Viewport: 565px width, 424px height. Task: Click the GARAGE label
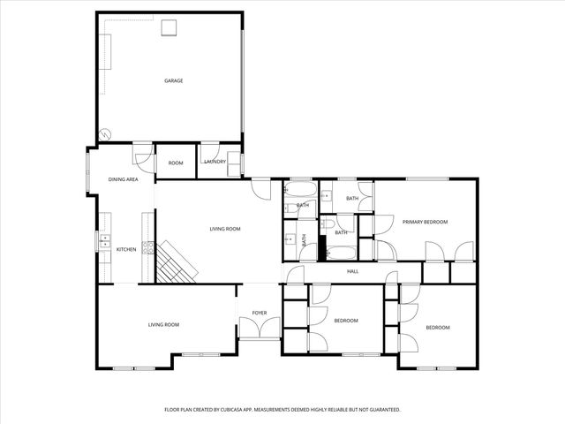pyautogui.click(x=173, y=80)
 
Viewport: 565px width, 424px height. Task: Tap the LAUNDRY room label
pyautogui.click(x=215, y=162)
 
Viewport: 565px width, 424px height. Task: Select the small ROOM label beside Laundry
pyautogui.click(x=176, y=163)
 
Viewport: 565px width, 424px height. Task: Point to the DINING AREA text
pyautogui.click(x=124, y=179)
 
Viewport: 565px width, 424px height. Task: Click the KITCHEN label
pyautogui.click(x=126, y=249)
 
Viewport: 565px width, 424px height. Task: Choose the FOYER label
pyautogui.click(x=260, y=313)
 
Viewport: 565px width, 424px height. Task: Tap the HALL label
pyautogui.click(x=352, y=271)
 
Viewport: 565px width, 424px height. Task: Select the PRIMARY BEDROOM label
pyautogui.click(x=426, y=222)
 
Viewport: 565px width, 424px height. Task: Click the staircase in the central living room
pyautogui.click(x=176, y=261)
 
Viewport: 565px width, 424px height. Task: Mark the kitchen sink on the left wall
pyautogui.click(x=104, y=238)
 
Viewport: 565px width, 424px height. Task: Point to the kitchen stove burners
pyautogui.click(x=150, y=248)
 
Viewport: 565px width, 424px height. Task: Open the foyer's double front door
pyautogui.click(x=260, y=329)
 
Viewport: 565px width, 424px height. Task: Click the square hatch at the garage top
pyautogui.click(x=168, y=26)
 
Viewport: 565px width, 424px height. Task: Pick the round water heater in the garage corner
pyautogui.click(x=105, y=135)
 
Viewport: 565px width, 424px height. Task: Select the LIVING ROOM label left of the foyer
pyautogui.click(x=163, y=325)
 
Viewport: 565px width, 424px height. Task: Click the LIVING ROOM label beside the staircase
pyautogui.click(x=225, y=229)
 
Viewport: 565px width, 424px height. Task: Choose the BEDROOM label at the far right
pyautogui.click(x=438, y=328)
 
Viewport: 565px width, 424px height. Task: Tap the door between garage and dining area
pyautogui.click(x=141, y=155)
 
